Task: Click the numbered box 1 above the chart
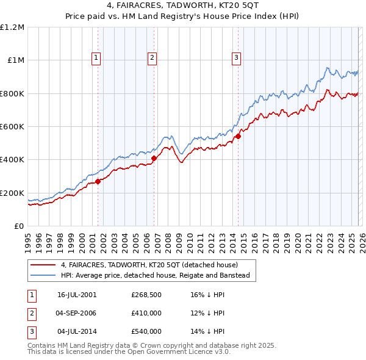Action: tap(97, 58)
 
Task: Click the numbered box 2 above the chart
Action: tap(152, 58)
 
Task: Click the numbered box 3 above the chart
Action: tap(236, 58)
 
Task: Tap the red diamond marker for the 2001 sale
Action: tap(98, 181)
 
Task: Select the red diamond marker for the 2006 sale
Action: tap(154, 158)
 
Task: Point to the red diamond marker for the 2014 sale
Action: tap(238, 137)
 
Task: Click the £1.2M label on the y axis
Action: tap(12, 27)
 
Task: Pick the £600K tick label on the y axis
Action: tap(12, 127)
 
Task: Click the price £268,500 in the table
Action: tap(146, 294)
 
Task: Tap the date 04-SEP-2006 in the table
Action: tap(77, 313)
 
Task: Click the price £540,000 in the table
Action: tap(146, 331)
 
